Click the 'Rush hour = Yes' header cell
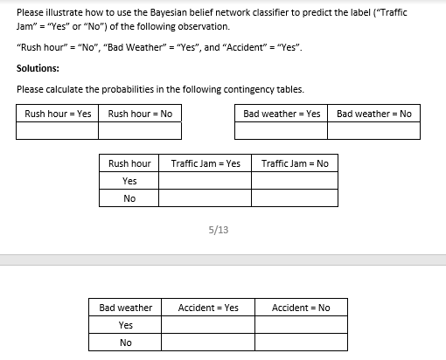(x=58, y=114)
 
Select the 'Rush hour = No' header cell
(x=140, y=114)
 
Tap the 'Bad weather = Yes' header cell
(x=282, y=114)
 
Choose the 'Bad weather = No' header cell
(x=373, y=114)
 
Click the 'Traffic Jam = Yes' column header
(x=206, y=163)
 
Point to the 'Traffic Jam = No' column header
(x=295, y=163)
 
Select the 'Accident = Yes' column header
(x=208, y=308)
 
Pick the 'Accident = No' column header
(x=301, y=308)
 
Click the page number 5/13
(x=219, y=230)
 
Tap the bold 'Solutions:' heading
(x=38, y=68)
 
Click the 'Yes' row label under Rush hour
(x=129, y=181)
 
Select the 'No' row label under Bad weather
(x=126, y=343)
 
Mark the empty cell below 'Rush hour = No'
(x=140, y=130)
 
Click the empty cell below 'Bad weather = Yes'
(x=282, y=130)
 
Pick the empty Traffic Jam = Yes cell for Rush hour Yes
(x=206, y=181)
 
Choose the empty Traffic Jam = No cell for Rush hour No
(x=295, y=198)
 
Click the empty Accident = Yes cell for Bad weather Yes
(x=208, y=325)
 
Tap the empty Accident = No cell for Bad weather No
(x=301, y=343)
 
